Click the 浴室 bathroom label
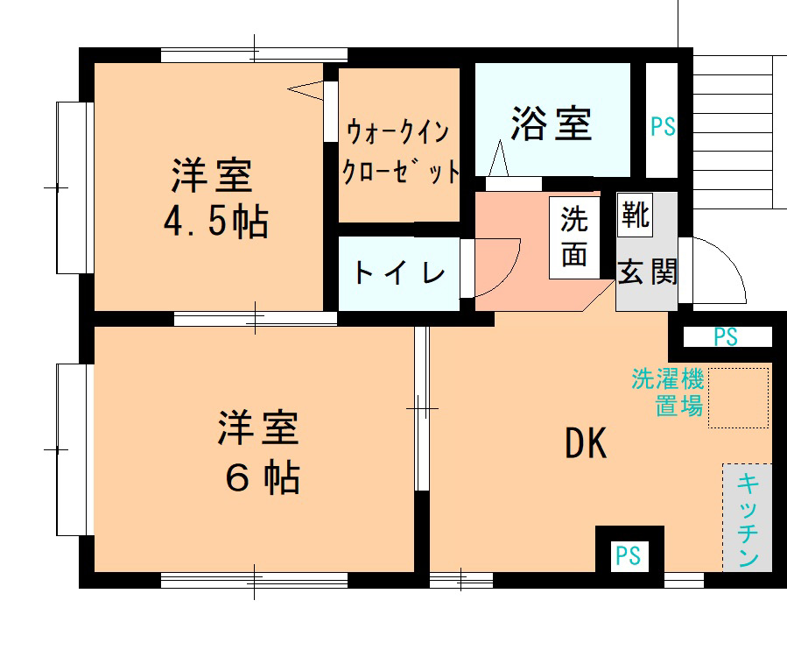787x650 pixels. coord(552,124)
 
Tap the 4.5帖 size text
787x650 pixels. coord(215,223)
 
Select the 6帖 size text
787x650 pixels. coord(262,477)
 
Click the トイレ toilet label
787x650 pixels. coord(399,273)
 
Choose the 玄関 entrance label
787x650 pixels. coord(648,272)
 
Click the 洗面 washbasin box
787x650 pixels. coord(574,237)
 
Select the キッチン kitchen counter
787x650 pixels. coord(747,519)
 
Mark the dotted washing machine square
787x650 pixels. coord(738,398)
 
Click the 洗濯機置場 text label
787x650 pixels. coord(667,392)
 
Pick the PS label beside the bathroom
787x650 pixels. coord(663,127)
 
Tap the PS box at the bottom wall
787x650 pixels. coord(628,555)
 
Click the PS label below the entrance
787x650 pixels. coord(725,336)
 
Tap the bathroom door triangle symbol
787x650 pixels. coord(500,161)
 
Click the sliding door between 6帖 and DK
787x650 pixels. coord(422,408)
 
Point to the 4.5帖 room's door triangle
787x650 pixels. coord(306,88)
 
